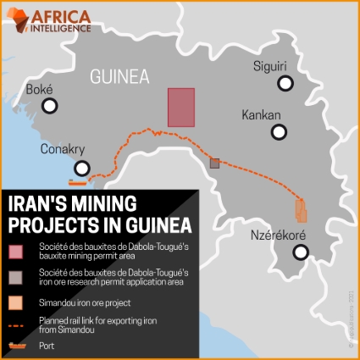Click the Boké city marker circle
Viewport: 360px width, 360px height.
[x=50, y=106]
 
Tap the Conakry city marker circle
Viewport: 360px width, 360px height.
[x=81, y=168]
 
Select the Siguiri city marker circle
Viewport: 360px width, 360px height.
[x=285, y=84]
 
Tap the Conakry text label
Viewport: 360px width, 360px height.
[x=64, y=150]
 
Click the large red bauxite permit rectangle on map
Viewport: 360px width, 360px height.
[x=181, y=107]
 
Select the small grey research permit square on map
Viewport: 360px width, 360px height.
[x=215, y=163]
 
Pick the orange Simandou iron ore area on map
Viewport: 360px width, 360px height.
[x=301, y=209]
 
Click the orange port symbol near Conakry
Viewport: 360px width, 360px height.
[x=78, y=180]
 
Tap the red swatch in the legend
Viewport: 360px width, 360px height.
[x=17, y=250]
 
